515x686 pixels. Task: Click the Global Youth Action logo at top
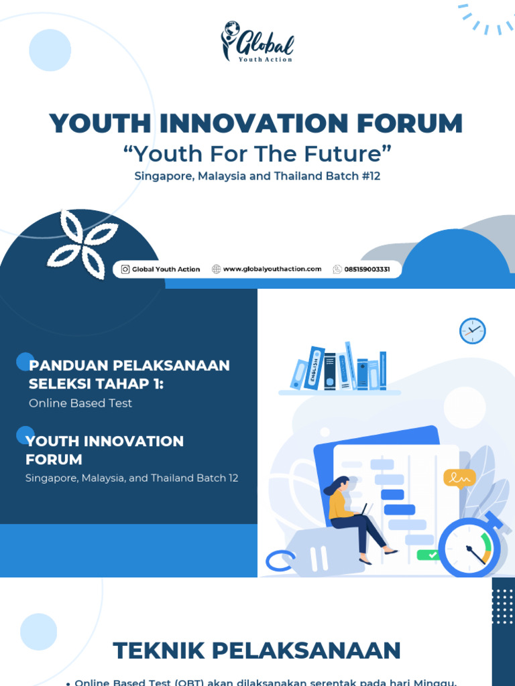[257, 42]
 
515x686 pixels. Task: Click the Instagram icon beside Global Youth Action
[125, 269]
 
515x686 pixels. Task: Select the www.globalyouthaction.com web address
[272, 269]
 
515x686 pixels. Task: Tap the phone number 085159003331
[367, 269]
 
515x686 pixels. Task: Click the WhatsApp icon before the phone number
[337, 269]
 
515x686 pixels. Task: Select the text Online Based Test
[80, 403]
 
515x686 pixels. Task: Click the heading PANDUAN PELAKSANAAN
[129, 366]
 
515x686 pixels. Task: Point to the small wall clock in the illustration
[472, 331]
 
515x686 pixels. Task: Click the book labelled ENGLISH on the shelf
[314, 368]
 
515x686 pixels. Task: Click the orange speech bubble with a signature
[459, 478]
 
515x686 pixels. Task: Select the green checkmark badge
[428, 555]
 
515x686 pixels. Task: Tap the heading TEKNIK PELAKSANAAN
[257, 650]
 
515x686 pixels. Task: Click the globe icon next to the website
[216, 269]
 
